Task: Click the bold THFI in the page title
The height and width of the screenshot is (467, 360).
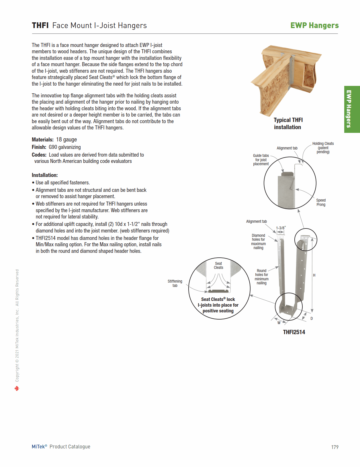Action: click(x=40, y=25)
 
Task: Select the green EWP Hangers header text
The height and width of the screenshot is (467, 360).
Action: click(x=314, y=25)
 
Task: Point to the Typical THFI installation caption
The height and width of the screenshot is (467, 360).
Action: click(x=288, y=123)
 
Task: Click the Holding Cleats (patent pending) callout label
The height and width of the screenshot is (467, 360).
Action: click(x=323, y=148)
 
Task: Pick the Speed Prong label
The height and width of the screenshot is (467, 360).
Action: click(x=321, y=202)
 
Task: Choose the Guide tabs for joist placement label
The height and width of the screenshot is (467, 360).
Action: click(x=261, y=160)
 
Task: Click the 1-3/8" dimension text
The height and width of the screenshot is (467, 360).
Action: click(x=281, y=228)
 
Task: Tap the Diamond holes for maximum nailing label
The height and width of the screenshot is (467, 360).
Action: click(x=258, y=242)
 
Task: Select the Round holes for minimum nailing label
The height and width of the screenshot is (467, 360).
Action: click(x=261, y=277)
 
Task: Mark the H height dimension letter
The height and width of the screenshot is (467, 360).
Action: click(x=314, y=275)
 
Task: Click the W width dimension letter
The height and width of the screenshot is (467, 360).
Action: click(x=279, y=323)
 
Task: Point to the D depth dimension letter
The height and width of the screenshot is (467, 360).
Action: click(x=312, y=318)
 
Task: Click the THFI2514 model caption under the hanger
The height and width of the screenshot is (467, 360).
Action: click(x=294, y=332)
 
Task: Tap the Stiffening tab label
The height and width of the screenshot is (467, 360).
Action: click(x=175, y=283)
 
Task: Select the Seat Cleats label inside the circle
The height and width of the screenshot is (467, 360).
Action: click(x=218, y=265)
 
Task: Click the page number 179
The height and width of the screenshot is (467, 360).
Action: click(x=335, y=447)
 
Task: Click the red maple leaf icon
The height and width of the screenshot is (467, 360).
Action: click(x=17, y=389)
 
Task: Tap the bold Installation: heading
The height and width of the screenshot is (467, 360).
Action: click(x=45, y=175)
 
